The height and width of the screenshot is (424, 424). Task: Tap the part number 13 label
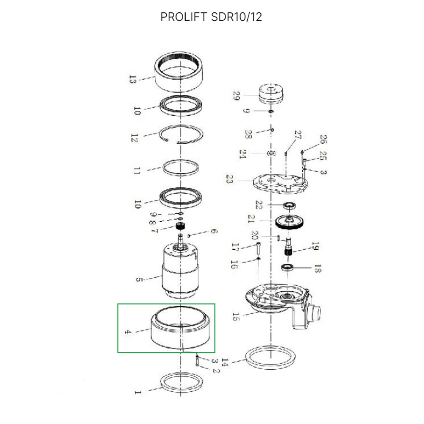(132, 79)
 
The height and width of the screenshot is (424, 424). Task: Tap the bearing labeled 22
(290, 206)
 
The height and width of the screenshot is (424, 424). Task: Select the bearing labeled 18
(288, 267)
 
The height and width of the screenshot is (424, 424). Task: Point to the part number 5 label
(139, 280)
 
